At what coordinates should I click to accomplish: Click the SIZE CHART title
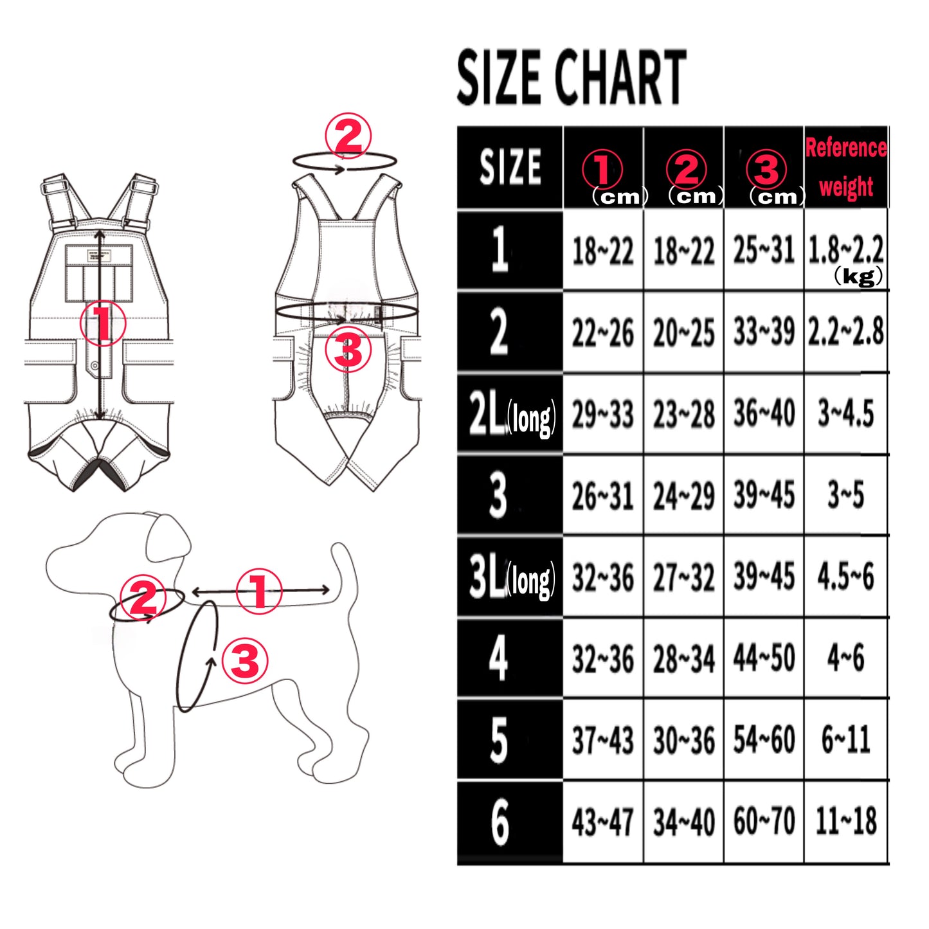(x=572, y=77)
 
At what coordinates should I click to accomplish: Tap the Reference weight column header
(x=845, y=167)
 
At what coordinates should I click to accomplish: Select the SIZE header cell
(x=510, y=167)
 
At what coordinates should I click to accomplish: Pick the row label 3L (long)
(x=512, y=577)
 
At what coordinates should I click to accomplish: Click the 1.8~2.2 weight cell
(x=845, y=251)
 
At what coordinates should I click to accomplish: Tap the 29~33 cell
(x=602, y=415)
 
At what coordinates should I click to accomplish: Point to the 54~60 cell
(x=764, y=739)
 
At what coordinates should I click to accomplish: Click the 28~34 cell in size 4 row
(x=683, y=658)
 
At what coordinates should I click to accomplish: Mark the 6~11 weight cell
(x=846, y=739)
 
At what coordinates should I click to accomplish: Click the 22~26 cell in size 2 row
(x=602, y=333)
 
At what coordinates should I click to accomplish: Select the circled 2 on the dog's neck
(x=143, y=599)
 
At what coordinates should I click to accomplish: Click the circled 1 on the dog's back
(x=258, y=591)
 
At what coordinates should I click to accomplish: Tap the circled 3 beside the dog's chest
(x=245, y=660)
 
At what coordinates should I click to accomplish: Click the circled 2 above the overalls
(x=348, y=137)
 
